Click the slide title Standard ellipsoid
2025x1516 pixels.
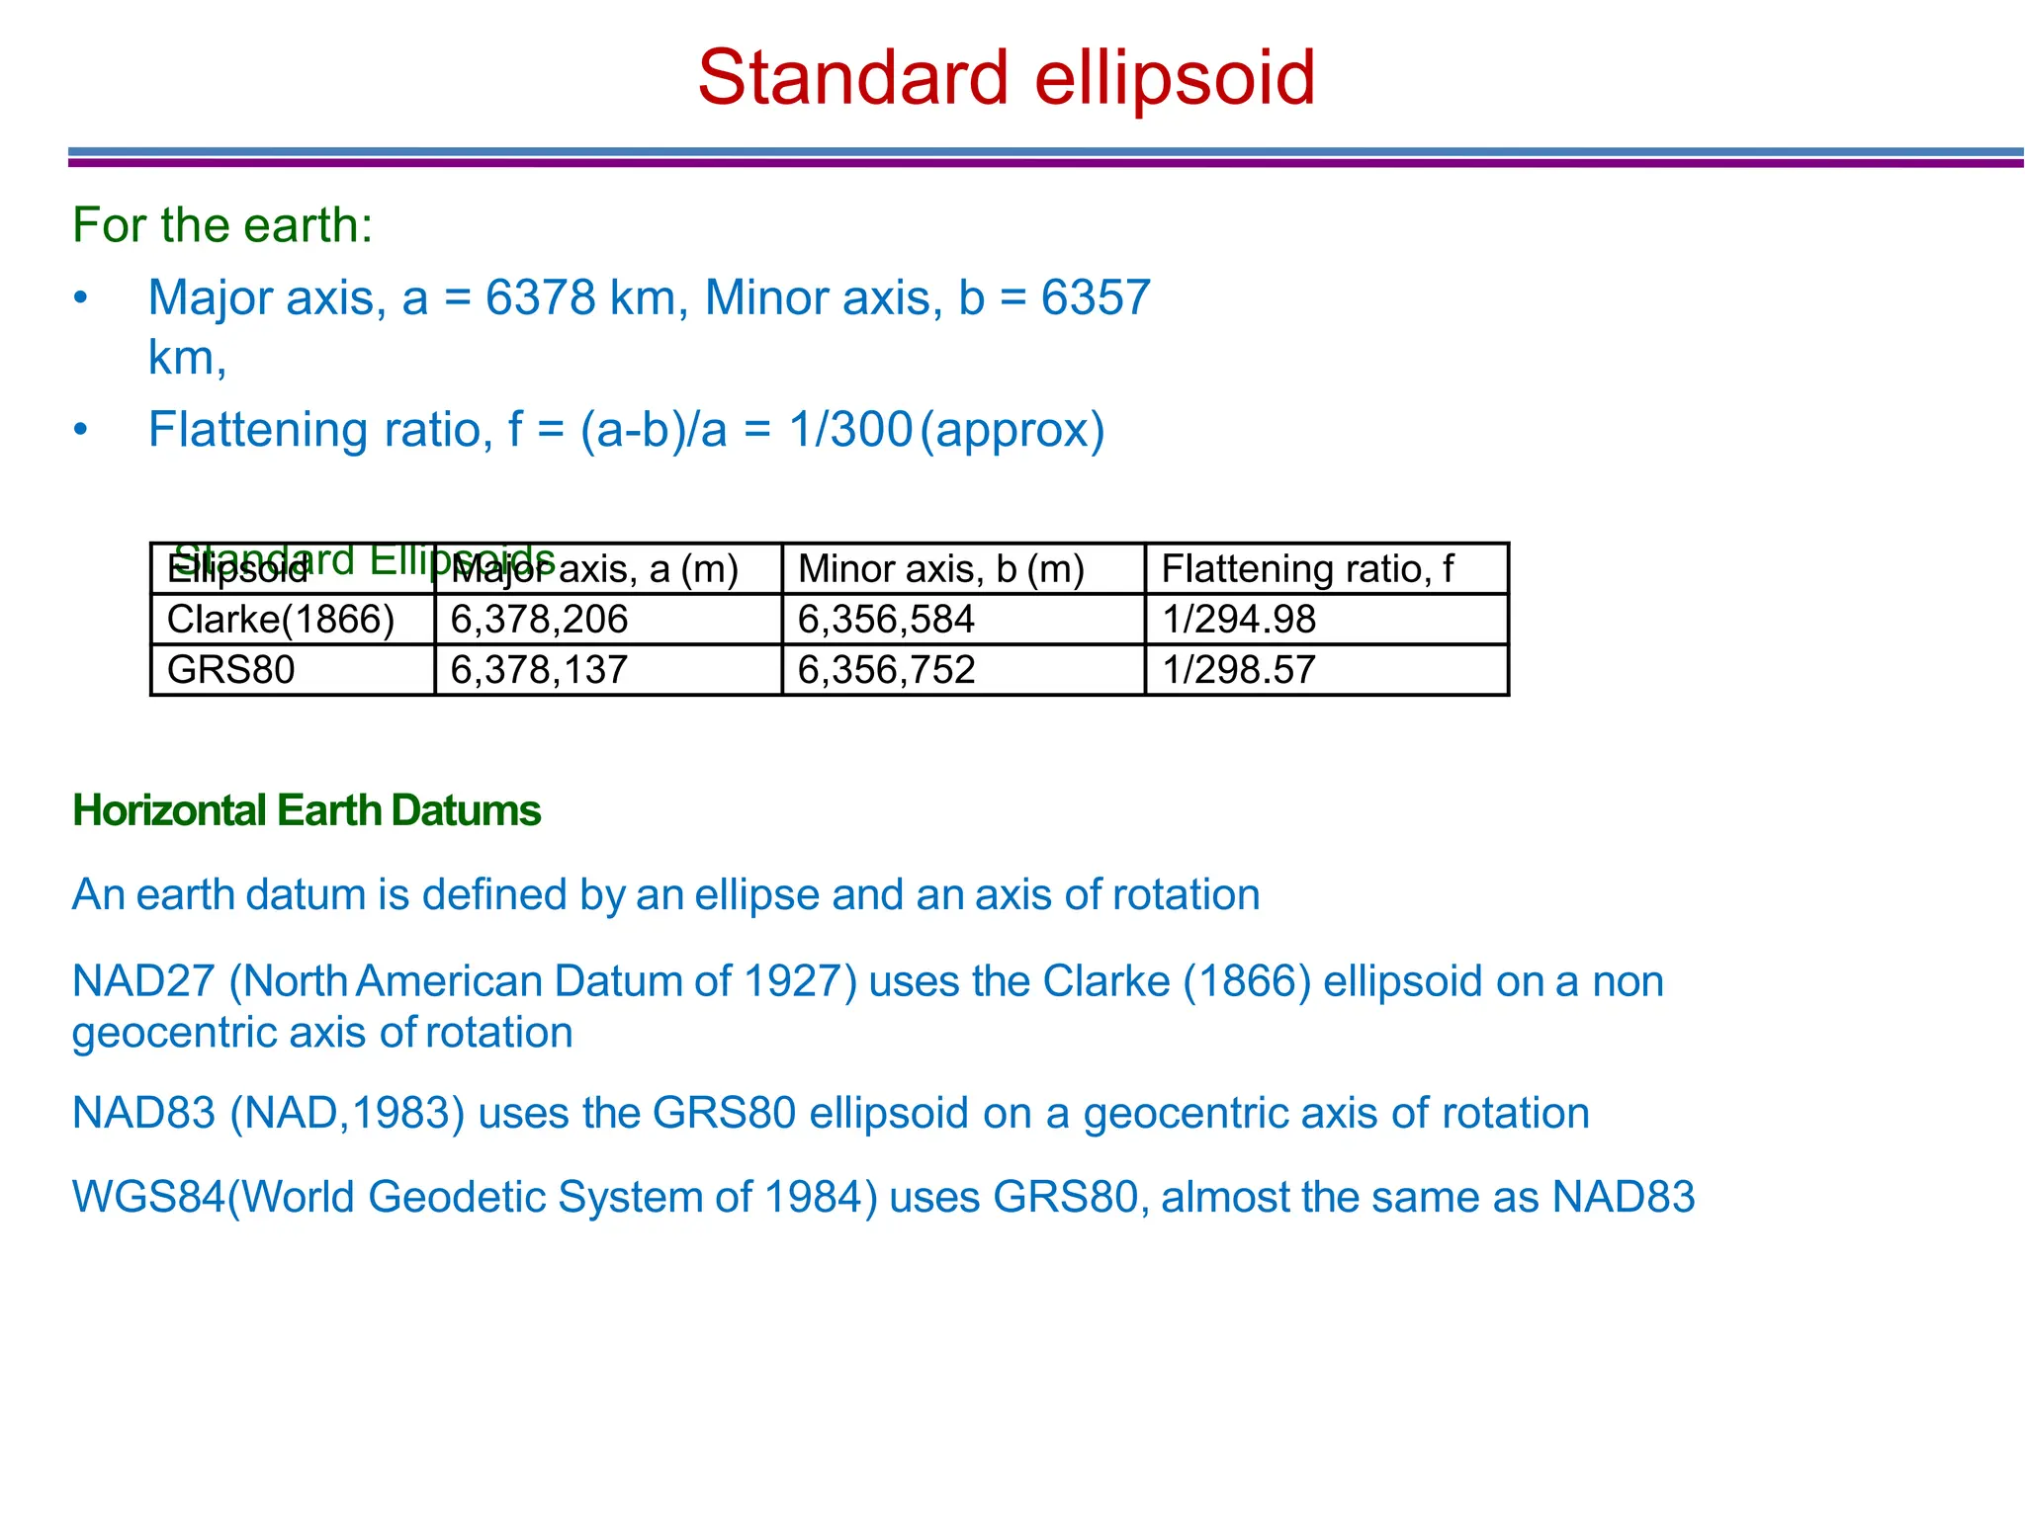point(1006,79)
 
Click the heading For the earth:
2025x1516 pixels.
point(222,225)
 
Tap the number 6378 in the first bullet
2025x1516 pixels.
point(541,297)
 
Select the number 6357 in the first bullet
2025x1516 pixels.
point(1096,297)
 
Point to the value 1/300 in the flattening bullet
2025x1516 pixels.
point(850,430)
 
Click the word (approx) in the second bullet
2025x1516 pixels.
point(1012,430)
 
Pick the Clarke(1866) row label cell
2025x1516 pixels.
point(281,620)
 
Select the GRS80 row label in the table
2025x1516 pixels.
point(231,670)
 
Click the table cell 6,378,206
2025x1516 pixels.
point(539,620)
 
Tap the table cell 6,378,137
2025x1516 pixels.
point(539,670)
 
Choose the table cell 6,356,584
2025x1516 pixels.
point(886,620)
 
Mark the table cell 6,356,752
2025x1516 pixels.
point(886,670)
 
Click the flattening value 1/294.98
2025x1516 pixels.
point(1239,620)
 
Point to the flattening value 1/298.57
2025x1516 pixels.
point(1239,670)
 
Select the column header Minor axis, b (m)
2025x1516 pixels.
point(940,569)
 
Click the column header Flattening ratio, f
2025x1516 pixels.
point(1307,569)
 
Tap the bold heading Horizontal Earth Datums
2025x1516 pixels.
point(307,810)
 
